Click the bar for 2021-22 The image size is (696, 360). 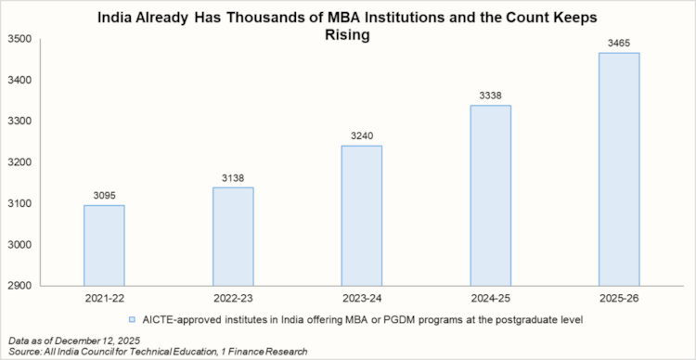[x=104, y=245]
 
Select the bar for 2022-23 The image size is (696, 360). [x=233, y=236]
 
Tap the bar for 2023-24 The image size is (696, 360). [x=361, y=215]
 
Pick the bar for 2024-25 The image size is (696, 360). [x=490, y=195]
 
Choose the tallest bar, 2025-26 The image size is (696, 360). [x=619, y=169]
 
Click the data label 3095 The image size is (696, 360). [x=104, y=196]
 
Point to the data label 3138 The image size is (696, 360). [x=233, y=178]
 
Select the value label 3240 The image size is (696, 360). [x=361, y=136]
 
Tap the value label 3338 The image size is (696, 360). [x=490, y=96]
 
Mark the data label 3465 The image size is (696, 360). [x=619, y=44]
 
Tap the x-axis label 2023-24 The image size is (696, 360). [x=361, y=300]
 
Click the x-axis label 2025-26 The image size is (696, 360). [x=619, y=300]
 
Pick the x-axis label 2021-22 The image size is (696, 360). [x=104, y=300]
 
